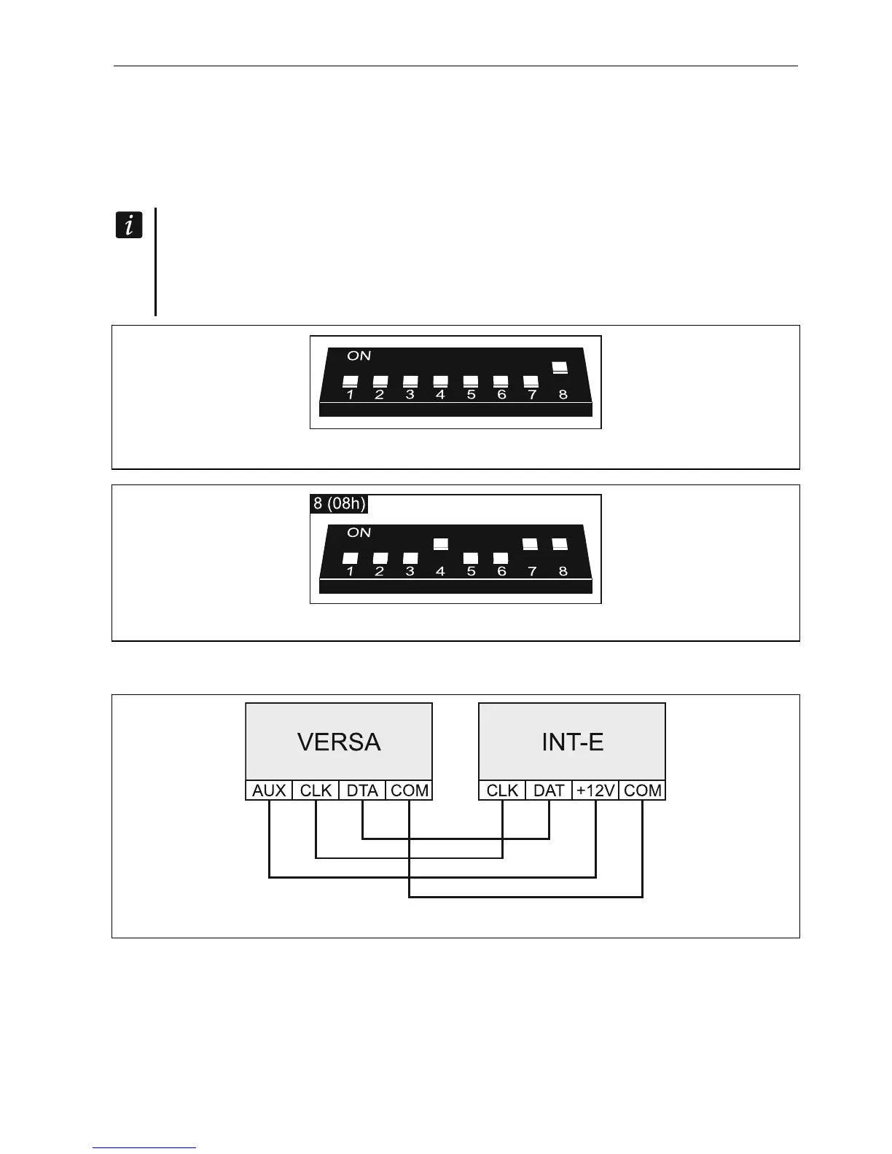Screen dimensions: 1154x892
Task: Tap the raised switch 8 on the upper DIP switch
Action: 560,368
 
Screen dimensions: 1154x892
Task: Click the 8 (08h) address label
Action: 340,504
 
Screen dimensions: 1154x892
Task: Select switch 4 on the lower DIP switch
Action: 440,544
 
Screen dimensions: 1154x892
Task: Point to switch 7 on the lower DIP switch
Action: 531,544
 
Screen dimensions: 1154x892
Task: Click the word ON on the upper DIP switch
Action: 359,356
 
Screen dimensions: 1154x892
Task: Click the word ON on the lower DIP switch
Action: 359,533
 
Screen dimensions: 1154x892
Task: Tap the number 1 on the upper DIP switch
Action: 350,395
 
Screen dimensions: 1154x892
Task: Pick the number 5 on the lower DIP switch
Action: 471,572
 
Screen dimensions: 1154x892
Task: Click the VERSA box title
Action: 339,742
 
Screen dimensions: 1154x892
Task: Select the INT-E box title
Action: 572,742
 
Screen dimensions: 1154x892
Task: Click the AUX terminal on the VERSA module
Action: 269,790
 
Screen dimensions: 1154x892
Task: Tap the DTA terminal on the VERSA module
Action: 362,790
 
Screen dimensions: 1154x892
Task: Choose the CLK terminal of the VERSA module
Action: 316,790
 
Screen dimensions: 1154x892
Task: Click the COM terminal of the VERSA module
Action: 410,790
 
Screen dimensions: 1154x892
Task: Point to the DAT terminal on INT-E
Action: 549,790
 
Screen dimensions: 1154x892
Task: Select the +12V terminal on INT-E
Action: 595,790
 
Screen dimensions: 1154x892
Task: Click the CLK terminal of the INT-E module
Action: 502,790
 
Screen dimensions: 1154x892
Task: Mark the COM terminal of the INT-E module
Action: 643,790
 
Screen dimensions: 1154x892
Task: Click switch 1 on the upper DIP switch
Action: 350,381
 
